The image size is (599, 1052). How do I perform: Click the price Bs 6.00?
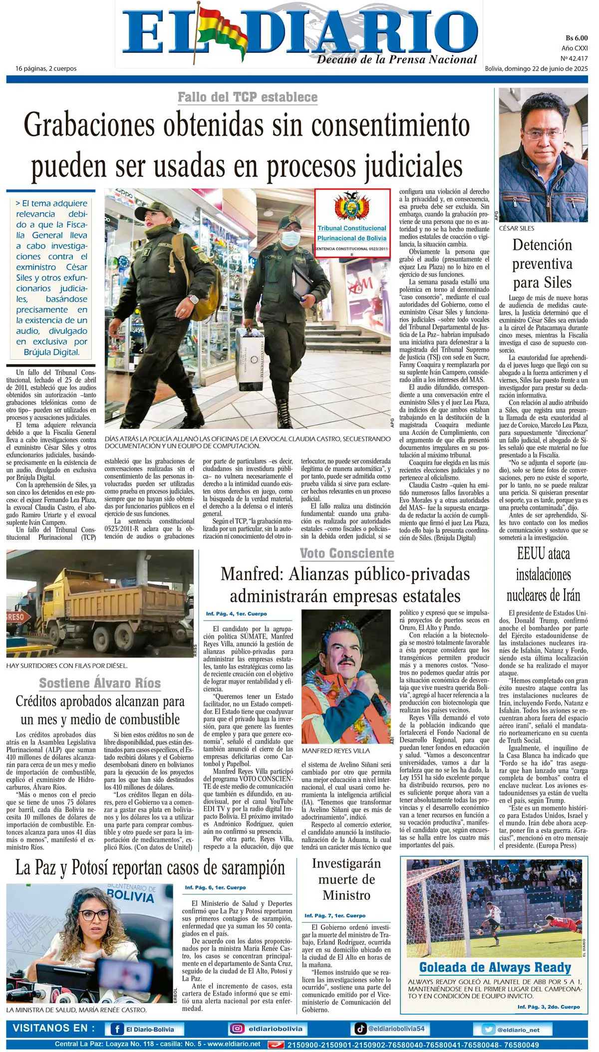click(x=576, y=38)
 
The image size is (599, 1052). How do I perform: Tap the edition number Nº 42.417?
click(x=574, y=58)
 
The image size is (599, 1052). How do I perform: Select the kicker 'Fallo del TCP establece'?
click(x=248, y=97)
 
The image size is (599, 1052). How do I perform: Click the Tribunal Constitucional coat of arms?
click(x=352, y=207)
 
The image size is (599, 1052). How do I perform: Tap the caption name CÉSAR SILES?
click(x=516, y=228)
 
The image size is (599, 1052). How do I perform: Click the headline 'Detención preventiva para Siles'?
click(x=542, y=263)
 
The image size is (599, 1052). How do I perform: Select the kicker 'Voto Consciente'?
click(x=346, y=553)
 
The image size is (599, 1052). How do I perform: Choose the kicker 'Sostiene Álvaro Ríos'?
click(x=100, y=683)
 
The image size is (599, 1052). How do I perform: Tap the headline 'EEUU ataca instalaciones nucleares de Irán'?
click(x=543, y=574)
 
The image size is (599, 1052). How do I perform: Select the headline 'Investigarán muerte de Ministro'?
click(x=346, y=879)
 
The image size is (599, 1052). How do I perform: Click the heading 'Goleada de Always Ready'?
click(x=495, y=968)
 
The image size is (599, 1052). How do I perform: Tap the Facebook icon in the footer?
click(x=117, y=1029)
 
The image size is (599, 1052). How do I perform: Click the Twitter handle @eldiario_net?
click(x=518, y=1030)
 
